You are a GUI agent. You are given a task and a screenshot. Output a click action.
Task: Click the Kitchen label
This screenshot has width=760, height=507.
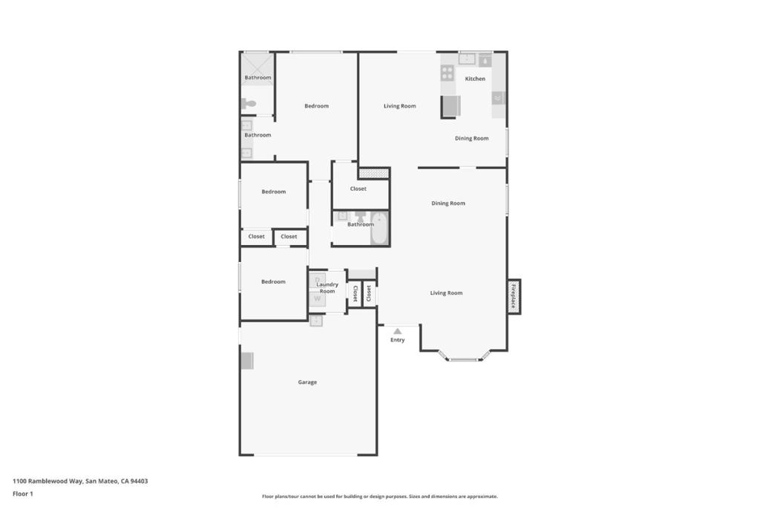[475, 79]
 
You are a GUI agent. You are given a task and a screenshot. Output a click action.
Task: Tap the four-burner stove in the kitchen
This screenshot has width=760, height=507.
[448, 73]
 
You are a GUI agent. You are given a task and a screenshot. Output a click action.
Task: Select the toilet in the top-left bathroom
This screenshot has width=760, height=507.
[249, 104]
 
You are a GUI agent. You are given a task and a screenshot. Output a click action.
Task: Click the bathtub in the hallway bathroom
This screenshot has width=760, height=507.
[379, 229]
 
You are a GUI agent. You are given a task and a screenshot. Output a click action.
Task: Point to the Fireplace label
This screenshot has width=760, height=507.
[513, 296]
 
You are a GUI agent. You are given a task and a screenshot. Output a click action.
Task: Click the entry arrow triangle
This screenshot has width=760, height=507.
[398, 331]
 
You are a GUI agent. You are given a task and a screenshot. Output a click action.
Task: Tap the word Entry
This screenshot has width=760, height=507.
[398, 340]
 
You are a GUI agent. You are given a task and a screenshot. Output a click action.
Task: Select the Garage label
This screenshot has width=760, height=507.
[307, 382]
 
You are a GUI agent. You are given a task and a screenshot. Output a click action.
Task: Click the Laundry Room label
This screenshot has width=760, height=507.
[327, 287]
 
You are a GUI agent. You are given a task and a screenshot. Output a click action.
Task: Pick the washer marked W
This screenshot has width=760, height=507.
[317, 298]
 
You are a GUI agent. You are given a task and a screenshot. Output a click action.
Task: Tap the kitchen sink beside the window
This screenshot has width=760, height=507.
[467, 59]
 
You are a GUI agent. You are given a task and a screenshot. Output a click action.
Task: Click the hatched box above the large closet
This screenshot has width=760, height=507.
[374, 173]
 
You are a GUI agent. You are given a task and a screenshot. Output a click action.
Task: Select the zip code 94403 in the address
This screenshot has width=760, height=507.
[139, 481]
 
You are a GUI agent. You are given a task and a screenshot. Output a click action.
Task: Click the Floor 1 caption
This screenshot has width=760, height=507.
[23, 494]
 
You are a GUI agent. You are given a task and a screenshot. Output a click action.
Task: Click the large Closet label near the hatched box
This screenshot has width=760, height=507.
[358, 189]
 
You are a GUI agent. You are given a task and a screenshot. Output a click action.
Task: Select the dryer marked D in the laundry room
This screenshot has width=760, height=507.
[317, 280]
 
